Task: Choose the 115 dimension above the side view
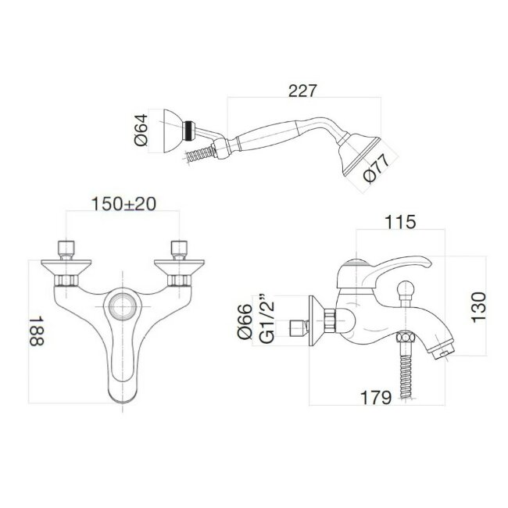pos(399,222)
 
